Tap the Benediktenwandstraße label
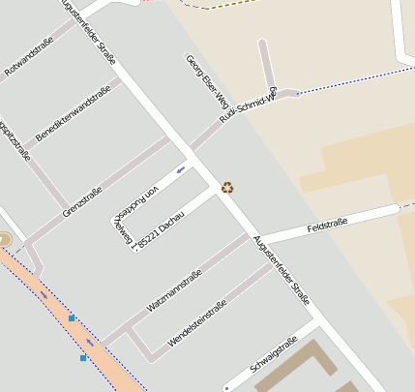[73, 112]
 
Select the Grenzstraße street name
[82, 199]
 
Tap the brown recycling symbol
[227, 187]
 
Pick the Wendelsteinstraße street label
[197, 322]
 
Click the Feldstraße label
[327, 226]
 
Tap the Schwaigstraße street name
[274, 355]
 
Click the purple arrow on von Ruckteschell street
[181, 171]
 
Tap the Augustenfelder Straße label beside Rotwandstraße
[89, 31]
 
